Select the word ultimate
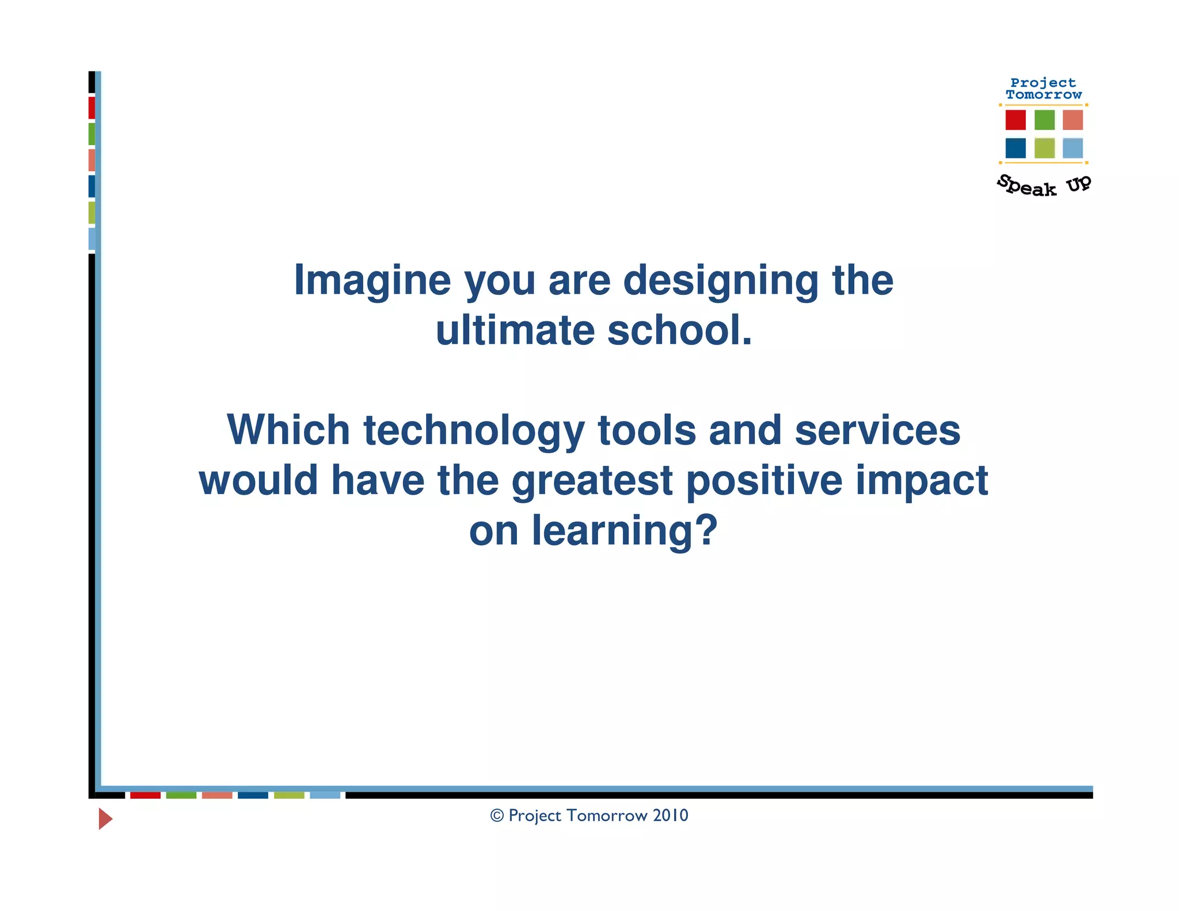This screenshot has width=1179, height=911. click(x=514, y=331)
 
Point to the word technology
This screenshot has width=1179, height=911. click(x=474, y=431)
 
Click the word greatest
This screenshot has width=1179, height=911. click(x=592, y=481)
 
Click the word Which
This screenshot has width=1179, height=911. click(x=288, y=431)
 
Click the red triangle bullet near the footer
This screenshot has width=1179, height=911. click(x=105, y=818)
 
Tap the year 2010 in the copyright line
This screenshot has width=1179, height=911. click(x=670, y=815)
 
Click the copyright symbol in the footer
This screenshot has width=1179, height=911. click(x=497, y=816)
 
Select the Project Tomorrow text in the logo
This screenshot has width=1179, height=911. click(x=1043, y=89)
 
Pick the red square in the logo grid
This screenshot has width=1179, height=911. click(x=1016, y=120)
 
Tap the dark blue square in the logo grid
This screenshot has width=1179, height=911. click(x=1016, y=148)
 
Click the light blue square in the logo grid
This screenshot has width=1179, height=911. click(x=1072, y=148)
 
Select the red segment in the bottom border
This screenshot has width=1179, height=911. click(x=145, y=795)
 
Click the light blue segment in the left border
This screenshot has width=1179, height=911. click(x=92, y=238)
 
